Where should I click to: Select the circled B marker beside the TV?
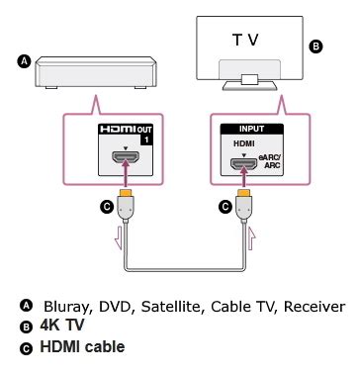coord(315,46)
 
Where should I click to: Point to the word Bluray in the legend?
coord(63,306)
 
